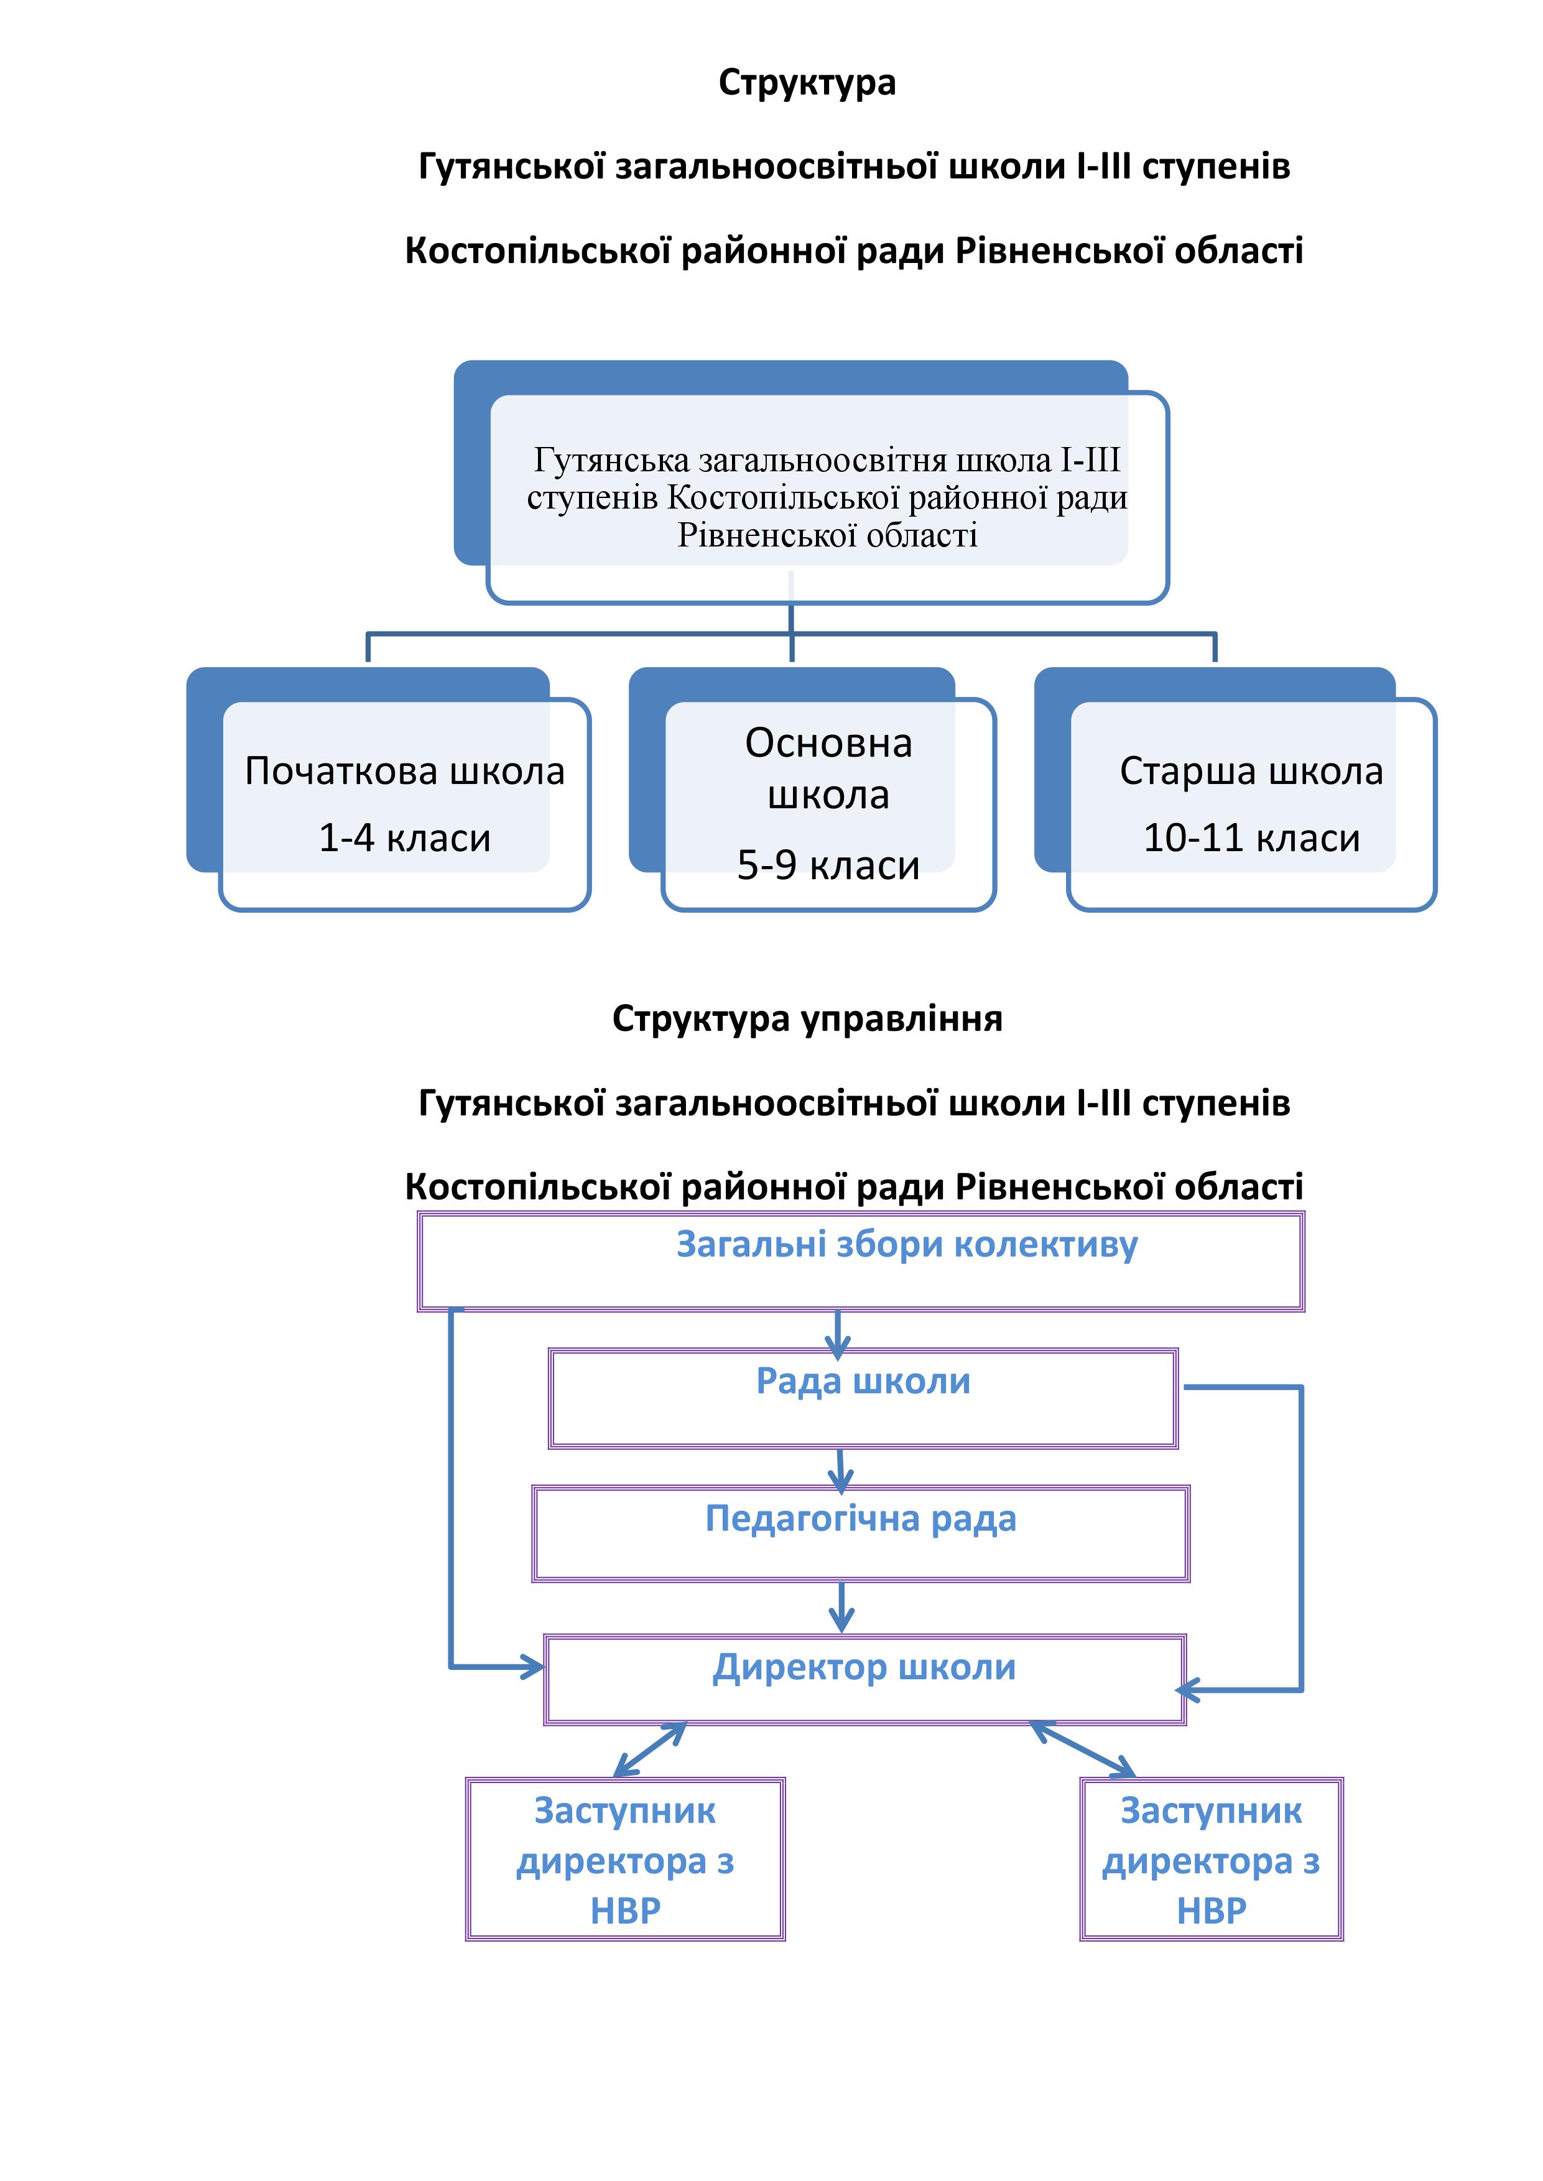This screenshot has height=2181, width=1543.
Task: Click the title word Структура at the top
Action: click(x=807, y=83)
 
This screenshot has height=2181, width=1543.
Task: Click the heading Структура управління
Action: click(x=807, y=1019)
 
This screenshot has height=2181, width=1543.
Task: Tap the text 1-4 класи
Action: click(x=405, y=838)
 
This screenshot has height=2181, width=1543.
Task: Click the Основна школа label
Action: click(x=828, y=768)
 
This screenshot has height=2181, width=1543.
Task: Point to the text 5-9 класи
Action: click(x=828, y=865)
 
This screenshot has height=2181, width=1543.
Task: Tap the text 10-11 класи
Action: click(x=1251, y=838)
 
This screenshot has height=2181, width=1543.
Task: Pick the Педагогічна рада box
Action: click(x=861, y=1534)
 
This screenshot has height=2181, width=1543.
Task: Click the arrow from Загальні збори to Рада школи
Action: click(x=837, y=1333)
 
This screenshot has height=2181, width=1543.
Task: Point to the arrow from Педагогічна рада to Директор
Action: click(x=842, y=1607)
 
